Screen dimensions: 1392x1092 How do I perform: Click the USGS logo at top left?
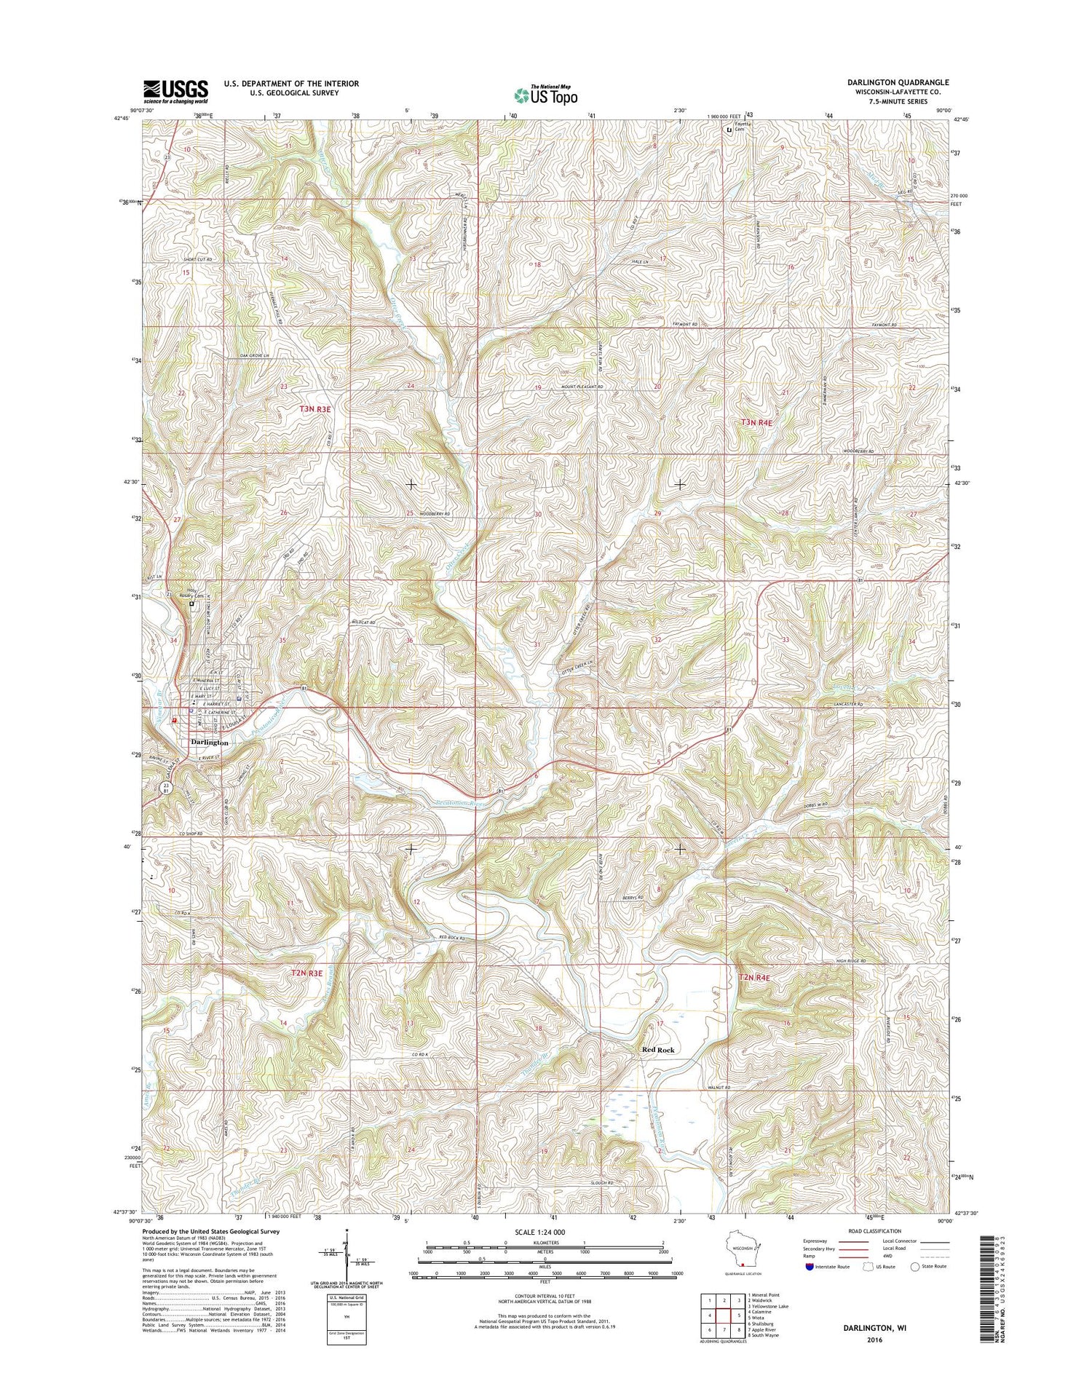(175, 92)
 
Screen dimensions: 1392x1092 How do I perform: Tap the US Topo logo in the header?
(545, 95)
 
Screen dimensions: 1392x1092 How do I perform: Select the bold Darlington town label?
(210, 743)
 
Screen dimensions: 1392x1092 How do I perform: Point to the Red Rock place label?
(658, 1050)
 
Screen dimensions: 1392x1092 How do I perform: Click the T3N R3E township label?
(315, 410)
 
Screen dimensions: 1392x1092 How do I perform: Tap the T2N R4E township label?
(754, 978)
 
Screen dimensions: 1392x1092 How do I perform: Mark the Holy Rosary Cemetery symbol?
(192, 604)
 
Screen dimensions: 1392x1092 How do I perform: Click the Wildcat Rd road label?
(363, 623)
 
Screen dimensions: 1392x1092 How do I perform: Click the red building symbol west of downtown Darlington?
(174, 719)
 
